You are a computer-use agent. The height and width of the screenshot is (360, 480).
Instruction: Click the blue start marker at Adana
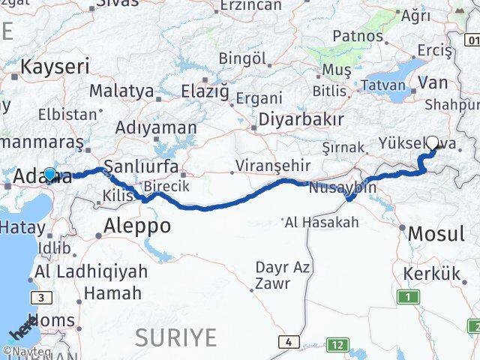click(x=49, y=175)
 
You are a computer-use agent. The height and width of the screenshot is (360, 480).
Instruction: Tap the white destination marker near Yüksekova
click(x=433, y=140)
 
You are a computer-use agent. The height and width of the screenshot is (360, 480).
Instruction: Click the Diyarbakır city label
click(x=301, y=119)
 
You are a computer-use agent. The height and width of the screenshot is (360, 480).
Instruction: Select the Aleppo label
click(x=137, y=225)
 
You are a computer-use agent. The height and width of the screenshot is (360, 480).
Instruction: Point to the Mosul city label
click(x=436, y=234)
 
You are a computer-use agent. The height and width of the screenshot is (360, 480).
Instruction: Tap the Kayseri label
click(x=54, y=66)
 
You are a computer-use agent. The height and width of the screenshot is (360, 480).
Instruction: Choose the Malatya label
click(x=121, y=91)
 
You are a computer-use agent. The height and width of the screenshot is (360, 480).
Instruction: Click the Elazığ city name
click(x=204, y=91)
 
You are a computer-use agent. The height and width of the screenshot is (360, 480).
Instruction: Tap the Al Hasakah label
click(x=323, y=222)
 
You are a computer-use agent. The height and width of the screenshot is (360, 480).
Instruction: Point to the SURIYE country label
click(x=175, y=337)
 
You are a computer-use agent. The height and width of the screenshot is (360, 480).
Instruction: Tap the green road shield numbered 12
click(x=339, y=344)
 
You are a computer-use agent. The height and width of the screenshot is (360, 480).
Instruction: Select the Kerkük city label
click(x=431, y=274)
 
